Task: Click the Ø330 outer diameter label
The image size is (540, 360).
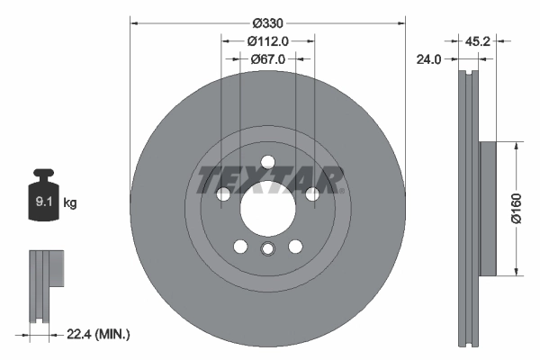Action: click(x=267, y=22)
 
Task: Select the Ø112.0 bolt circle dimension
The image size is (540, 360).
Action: click(x=267, y=40)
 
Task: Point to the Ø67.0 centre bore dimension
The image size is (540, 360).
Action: click(x=267, y=59)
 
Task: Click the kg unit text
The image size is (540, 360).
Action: click(x=70, y=203)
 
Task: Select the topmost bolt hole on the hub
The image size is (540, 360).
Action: click(x=267, y=162)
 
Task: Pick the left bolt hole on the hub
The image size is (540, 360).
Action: click(x=224, y=193)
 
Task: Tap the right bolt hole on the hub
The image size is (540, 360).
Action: click(x=311, y=193)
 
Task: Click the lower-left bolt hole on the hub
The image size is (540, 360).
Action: click(x=240, y=246)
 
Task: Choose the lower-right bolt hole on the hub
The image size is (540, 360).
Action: click(x=294, y=246)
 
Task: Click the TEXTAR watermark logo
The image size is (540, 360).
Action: click(x=268, y=179)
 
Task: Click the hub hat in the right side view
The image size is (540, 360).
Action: click(x=488, y=209)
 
